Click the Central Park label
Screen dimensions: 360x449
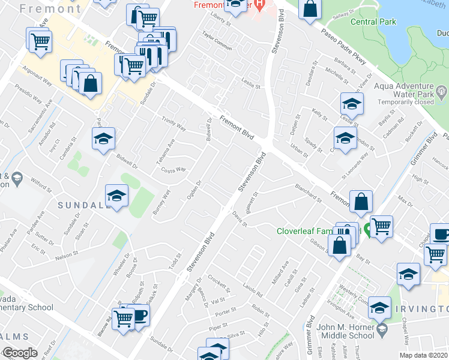(x=373, y=22)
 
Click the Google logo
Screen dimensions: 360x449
(x=20, y=353)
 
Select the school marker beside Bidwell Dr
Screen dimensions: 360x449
(x=104, y=139)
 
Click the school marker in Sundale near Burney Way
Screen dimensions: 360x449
(x=117, y=194)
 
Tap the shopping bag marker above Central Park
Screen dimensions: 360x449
(x=309, y=8)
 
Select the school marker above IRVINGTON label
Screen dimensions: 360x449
(x=408, y=274)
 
